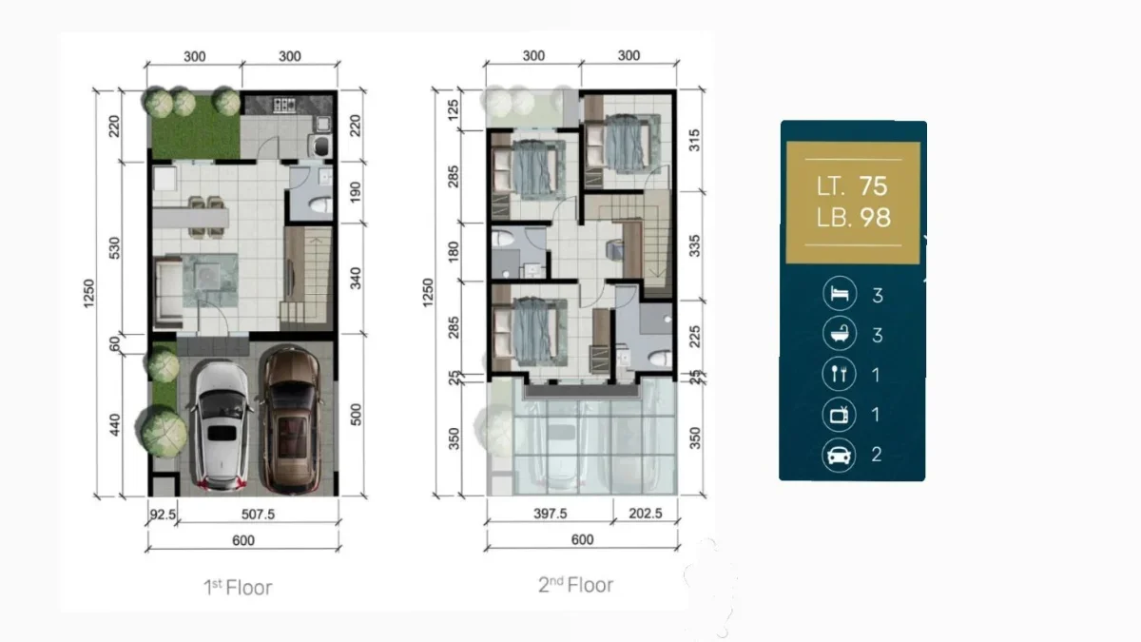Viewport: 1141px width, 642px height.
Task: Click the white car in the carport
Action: [222, 426]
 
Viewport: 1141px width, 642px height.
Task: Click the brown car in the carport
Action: [291, 420]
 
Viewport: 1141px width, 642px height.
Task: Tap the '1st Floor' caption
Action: [238, 588]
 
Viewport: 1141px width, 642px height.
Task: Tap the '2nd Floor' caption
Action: [575, 585]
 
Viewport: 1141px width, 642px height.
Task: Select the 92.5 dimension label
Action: [163, 515]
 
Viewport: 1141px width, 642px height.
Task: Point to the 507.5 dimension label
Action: [258, 515]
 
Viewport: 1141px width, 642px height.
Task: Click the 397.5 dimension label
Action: [551, 514]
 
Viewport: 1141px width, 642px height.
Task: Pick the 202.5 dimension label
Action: [646, 513]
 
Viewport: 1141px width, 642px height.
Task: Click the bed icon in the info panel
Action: [840, 294]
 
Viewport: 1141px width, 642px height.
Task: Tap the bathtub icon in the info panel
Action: [840, 333]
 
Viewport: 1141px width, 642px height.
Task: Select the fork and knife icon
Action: [839, 374]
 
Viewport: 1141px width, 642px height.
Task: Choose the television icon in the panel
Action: [839, 415]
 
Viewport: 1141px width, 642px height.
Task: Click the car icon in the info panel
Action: [839, 455]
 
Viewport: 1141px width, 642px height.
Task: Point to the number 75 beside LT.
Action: [873, 186]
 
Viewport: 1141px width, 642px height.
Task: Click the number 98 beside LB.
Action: [875, 218]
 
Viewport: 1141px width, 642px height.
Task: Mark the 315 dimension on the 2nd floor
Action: [694, 141]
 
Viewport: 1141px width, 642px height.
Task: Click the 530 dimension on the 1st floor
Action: [115, 248]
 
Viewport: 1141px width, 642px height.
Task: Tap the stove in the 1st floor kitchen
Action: [284, 105]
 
